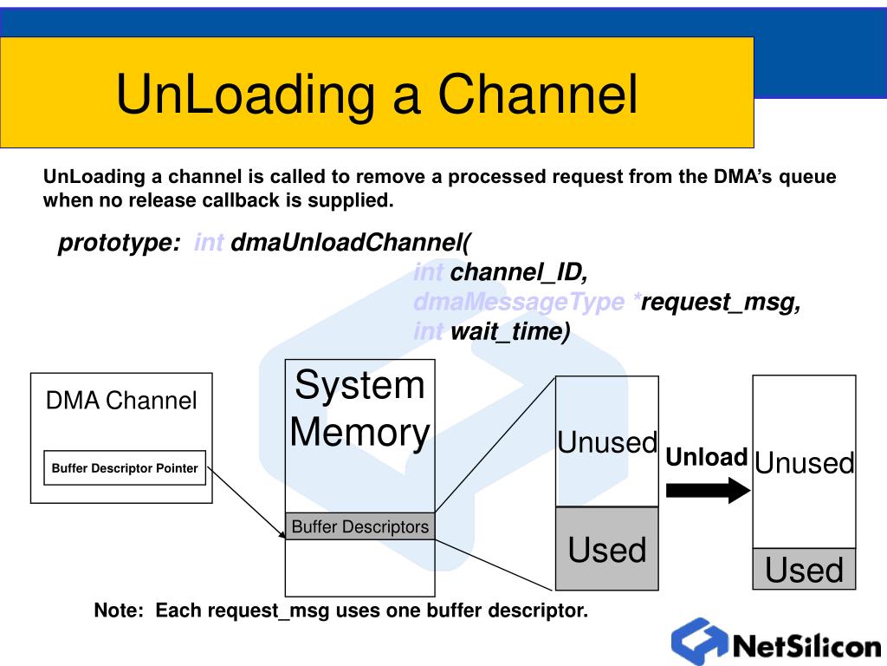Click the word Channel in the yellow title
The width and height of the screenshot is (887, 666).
pyautogui.click(x=537, y=94)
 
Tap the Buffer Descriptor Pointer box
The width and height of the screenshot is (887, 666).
pyautogui.click(x=125, y=467)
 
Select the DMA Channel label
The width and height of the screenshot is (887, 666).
pyautogui.click(x=121, y=401)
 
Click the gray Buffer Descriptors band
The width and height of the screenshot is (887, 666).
pyautogui.click(x=359, y=526)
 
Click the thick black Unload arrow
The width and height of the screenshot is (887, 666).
pyautogui.click(x=709, y=490)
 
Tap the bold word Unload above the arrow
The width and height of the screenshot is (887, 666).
pyautogui.click(x=707, y=457)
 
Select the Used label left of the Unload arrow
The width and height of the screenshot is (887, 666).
pyautogui.click(x=607, y=549)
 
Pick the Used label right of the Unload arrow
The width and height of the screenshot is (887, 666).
pyautogui.click(x=804, y=570)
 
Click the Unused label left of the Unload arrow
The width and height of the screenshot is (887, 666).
pyautogui.click(x=607, y=442)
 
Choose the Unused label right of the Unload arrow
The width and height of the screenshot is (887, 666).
pyautogui.click(x=804, y=463)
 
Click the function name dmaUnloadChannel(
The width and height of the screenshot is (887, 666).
pyautogui.click(x=351, y=243)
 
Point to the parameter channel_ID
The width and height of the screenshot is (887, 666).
pyautogui.click(x=519, y=272)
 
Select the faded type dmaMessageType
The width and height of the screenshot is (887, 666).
pyautogui.click(x=519, y=301)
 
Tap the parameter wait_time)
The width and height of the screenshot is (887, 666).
pyautogui.click(x=509, y=331)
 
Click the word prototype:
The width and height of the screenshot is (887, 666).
pyautogui.click(x=120, y=243)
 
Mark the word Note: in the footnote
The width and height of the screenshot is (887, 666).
pyautogui.click(x=119, y=610)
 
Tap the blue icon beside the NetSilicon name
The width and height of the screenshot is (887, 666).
pyautogui.click(x=700, y=641)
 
